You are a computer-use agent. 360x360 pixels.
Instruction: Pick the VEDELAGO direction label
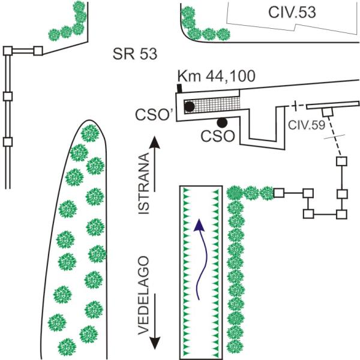[x=144, y=297]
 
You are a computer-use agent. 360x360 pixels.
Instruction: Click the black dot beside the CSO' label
[x=190, y=107]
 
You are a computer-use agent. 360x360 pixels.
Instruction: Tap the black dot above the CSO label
[x=223, y=122]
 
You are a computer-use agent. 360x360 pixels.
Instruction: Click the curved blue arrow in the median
[x=202, y=258]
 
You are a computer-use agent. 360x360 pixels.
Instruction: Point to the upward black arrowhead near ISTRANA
[x=155, y=143]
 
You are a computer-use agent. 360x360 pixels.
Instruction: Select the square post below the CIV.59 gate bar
[x=328, y=112]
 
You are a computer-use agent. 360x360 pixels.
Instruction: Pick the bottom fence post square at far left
[x=8, y=142]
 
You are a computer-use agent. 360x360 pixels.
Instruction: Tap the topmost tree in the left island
[x=90, y=132]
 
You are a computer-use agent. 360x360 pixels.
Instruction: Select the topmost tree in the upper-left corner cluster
[x=78, y=8]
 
